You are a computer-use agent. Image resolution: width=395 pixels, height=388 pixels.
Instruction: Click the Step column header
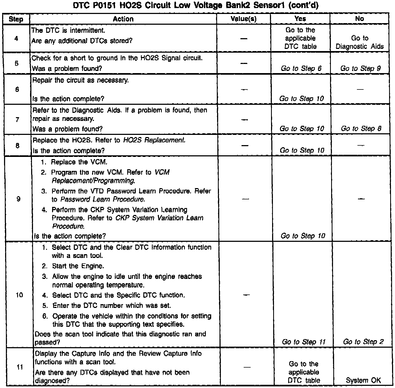(x=16, y=19)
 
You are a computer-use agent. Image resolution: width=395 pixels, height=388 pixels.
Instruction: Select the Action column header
(x=123, y=19)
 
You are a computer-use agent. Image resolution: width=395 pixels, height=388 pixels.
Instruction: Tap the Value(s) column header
(x=243, y=19)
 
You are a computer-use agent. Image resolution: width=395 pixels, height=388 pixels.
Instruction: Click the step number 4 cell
(x=16, y=38)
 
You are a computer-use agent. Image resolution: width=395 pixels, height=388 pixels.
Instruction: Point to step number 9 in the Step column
(x=18, y=199)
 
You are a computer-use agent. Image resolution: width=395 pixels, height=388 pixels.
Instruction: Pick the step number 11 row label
(x=20, y=367)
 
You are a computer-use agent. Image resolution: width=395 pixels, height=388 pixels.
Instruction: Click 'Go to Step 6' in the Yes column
(x=301, y=69)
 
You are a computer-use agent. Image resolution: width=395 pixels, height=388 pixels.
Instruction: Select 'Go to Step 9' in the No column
(x=360, y=69)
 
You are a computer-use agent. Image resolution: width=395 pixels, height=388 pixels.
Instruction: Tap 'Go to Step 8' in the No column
(x=361, y=129)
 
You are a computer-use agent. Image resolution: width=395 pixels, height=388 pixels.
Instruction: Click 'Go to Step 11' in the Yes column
(x=303, y=342)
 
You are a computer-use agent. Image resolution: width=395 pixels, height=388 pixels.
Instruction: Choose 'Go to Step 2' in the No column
(x=363, y=342)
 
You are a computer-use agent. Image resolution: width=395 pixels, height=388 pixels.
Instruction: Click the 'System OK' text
(x=363, y=380)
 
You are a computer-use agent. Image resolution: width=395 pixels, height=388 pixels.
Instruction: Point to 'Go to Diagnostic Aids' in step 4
(x=360, y=42)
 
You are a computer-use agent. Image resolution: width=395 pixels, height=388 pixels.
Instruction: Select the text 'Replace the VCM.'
(x=79, y=162)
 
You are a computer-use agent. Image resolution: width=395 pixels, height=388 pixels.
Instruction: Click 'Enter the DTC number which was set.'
(x=112, y=306)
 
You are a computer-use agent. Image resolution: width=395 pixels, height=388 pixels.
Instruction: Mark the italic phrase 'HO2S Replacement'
(x=154, y=140)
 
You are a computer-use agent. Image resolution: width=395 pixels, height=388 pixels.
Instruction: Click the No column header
(x=359, y=19)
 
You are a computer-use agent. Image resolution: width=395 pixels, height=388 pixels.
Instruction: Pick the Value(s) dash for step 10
(x=246, y=295)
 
